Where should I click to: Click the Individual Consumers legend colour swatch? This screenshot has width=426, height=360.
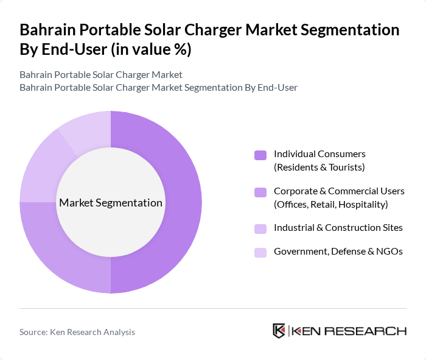point(260,155)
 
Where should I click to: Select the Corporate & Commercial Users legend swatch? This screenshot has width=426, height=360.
point(260,192)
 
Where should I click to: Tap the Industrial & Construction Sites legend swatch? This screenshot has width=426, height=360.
point(260,228)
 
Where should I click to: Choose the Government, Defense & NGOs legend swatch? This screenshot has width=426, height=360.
point(260,252)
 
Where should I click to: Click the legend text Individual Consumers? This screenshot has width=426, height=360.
point(319,154)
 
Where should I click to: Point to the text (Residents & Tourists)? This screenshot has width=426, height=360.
point(319,167)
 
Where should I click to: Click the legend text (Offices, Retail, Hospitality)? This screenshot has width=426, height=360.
point(330,204)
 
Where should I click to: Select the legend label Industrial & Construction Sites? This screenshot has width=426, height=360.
point(338,228)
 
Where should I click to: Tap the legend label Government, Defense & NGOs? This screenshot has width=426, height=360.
point(338,251)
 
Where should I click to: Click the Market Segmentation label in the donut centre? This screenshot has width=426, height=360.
point(111,202)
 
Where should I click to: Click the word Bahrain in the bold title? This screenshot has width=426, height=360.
point(49,30)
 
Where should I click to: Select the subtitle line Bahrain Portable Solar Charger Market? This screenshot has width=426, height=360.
point(100,75)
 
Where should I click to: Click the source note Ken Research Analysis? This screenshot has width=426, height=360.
point(77,332)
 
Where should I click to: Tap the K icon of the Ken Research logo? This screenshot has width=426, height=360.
point(279,331)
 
